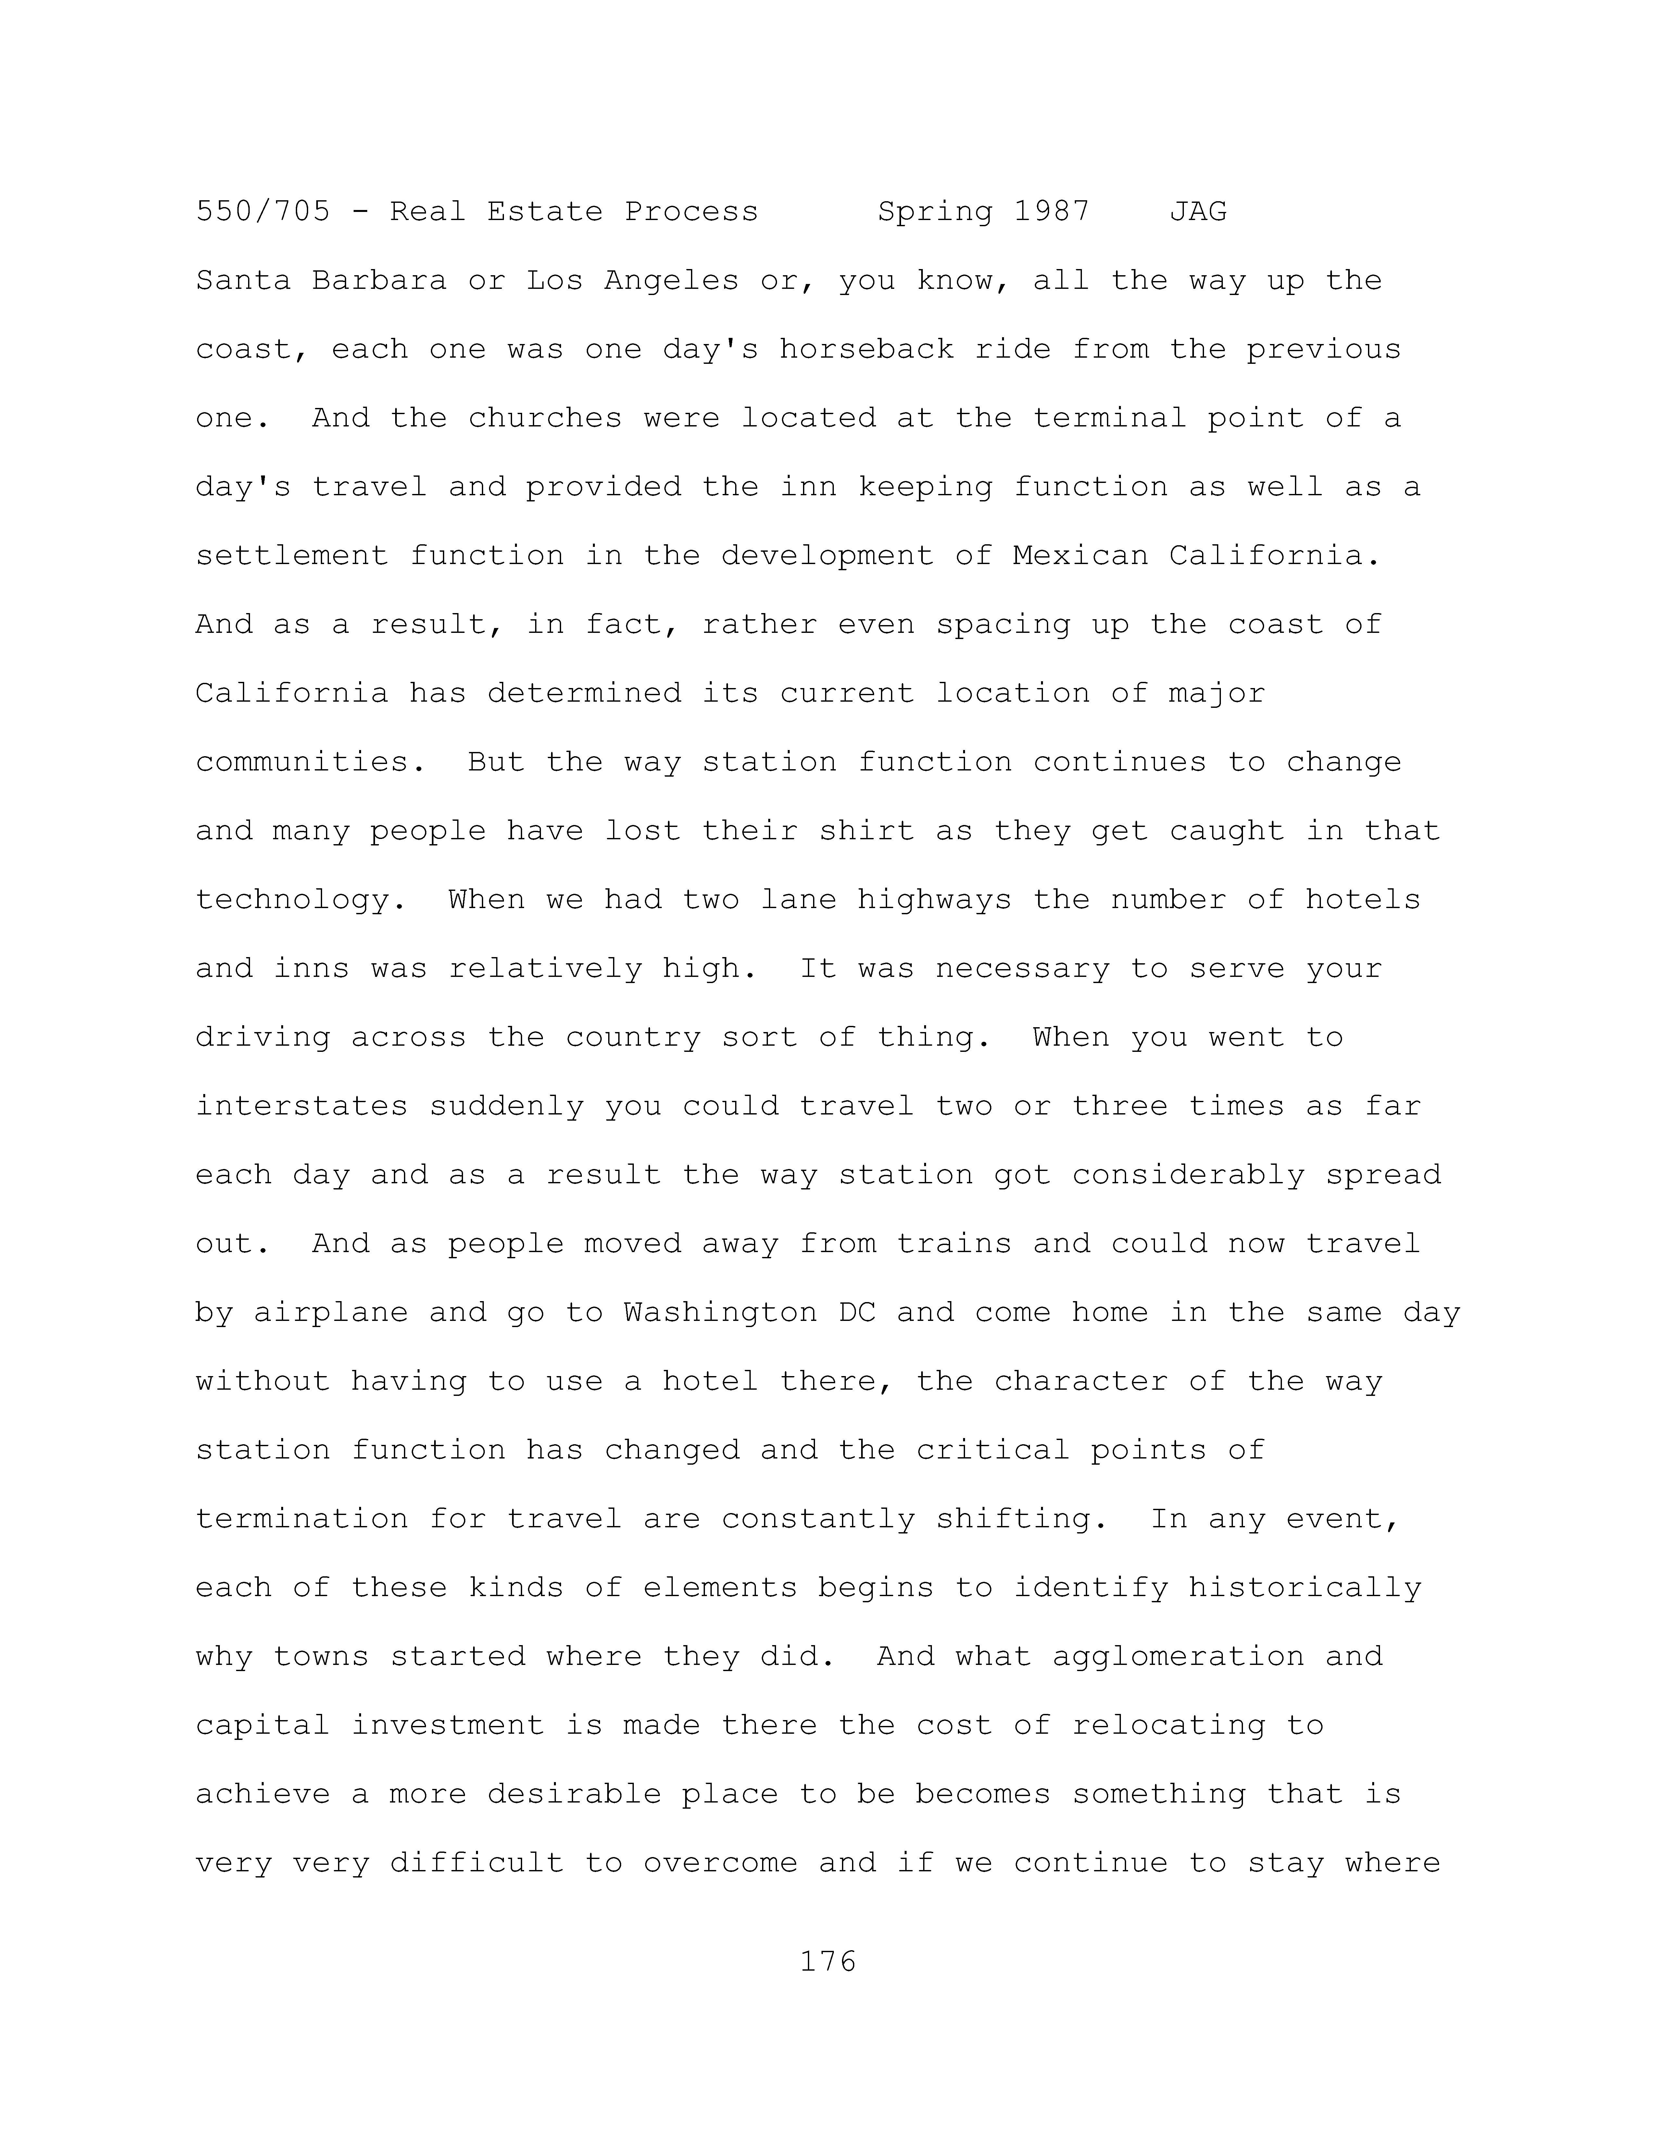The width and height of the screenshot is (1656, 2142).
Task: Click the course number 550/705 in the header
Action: pyautogui.click(x=263, y=212)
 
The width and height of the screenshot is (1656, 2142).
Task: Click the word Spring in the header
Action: pyautogui.click(x=935, y=212)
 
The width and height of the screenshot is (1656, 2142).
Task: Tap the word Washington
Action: pyautogui.click(x=720, y=1312)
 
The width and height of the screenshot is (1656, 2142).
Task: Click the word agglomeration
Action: pyautogui.click(x=1177, y=1656)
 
